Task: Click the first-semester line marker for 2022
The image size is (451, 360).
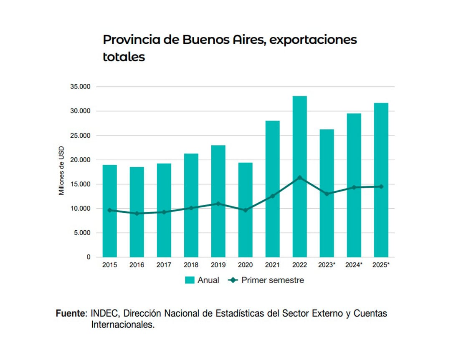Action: pos(299,178)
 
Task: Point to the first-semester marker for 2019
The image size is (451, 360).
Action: pos(218,204)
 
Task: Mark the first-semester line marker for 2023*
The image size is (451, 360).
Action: pos(327,194)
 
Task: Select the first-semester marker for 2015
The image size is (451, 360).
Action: pos(109,210)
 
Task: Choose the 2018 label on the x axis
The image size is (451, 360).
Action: pos(191,265)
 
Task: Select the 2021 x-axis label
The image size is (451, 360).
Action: pos(272,265)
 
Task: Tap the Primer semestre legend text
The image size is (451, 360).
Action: pos(273,280)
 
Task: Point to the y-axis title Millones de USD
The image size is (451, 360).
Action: pos(61,171)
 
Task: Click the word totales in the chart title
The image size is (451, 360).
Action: pos(124,57)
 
